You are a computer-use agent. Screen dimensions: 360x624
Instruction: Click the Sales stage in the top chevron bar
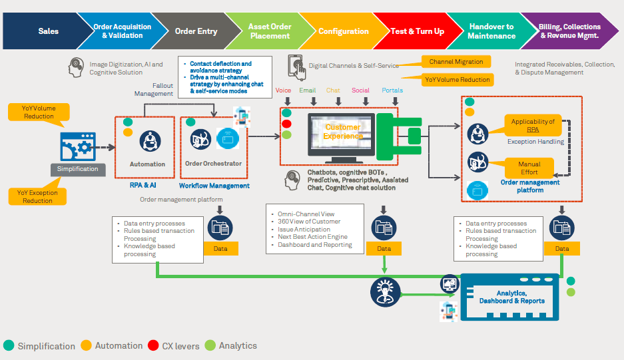point(48,31)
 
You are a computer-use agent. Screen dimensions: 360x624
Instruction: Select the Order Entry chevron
point(196,31)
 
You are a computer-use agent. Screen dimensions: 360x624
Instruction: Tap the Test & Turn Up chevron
point(418,31)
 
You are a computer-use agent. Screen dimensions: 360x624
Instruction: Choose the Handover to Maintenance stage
point(491,31)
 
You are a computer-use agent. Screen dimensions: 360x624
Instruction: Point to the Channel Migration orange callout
point(456,61)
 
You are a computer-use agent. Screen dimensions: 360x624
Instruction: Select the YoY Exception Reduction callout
point(37,196)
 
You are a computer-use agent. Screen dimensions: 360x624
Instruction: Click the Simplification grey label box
point(77,169)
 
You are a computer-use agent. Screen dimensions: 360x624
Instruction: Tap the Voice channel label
point(283,90)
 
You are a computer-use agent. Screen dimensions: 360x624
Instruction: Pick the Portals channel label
point(392,90)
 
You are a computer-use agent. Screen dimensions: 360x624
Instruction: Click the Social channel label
point(361,90)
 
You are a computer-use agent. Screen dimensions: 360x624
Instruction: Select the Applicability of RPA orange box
point(533,125)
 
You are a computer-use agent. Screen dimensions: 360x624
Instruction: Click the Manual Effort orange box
point(529,168)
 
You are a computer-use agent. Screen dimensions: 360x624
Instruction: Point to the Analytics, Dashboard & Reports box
point(511,297)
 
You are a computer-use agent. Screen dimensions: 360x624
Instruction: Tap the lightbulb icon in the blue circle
point(384,291)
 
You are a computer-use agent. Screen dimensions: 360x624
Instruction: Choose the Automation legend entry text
point(119,346)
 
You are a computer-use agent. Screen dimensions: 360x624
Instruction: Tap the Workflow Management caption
point(214,186)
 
